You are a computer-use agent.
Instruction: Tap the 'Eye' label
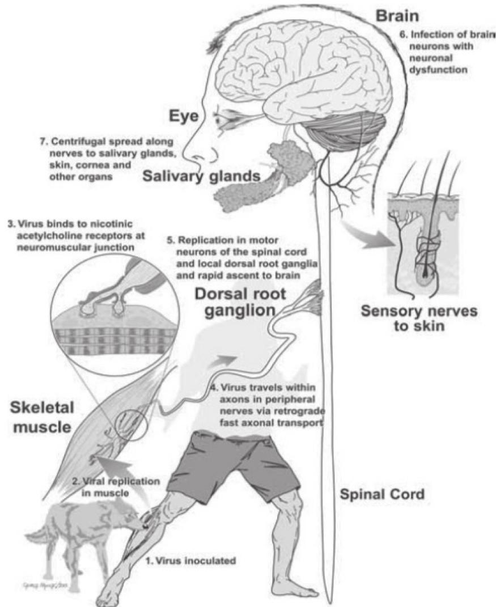pyautogui.click(x=184, y=116)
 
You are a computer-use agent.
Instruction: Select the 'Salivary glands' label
pyautogui.click(x=201, y=176)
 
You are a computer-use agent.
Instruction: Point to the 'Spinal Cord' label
pyautogui.click(x=381, y=494)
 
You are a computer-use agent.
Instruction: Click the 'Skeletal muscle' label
pyautogui.click(x=42, y=417)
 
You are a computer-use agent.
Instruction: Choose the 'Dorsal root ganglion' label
pyautogui.click(x=240, y=302)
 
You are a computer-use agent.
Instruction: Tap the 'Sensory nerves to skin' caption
pyautogui.click(x=419, y=318)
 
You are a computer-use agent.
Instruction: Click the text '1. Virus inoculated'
pyautogui.click(x=190, y=561)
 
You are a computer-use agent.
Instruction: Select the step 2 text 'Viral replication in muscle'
pyautogui.click(x=116, y=487)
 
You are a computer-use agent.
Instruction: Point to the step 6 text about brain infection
pyautogui.click(x=447, y=52)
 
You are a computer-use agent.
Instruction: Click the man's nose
pyautogui.click(x=189, y=153)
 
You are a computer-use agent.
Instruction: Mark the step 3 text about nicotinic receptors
pyautogui.click(x=77, y=235)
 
